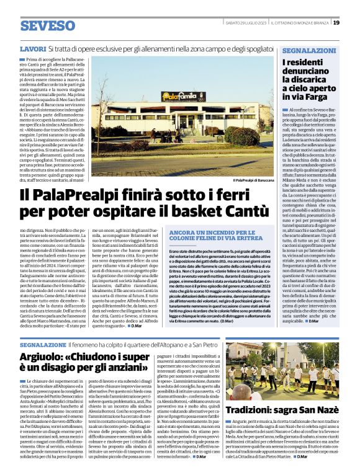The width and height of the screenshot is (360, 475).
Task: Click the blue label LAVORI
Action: [x=32, y=48]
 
